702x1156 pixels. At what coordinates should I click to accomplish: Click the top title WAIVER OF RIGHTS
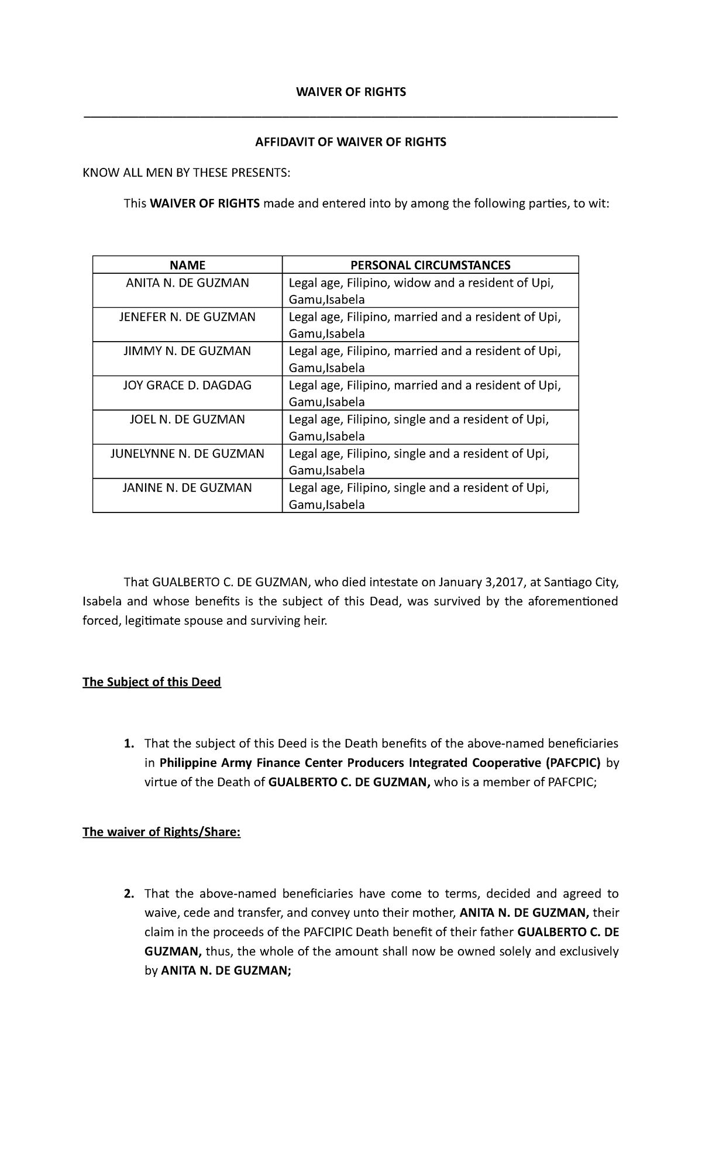(350, 92)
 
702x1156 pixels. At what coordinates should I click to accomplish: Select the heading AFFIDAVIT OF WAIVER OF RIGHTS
(350, 142)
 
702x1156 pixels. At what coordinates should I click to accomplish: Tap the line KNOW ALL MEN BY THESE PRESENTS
(186, 173)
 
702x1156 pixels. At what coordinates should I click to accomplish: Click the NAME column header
(187, 265)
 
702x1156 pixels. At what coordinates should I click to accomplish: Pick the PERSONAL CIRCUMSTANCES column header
(430, 265)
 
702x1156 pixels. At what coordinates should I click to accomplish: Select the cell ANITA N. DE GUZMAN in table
(187, 283)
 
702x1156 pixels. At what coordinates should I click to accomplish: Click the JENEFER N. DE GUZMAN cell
(187, 317)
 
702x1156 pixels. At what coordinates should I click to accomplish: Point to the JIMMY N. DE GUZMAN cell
(187, 351)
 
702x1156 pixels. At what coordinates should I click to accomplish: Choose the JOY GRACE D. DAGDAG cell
(187, 385)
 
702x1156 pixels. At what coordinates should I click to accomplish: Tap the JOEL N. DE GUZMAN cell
(187, 419)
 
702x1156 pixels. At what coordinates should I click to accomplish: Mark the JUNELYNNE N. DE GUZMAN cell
(187, 453)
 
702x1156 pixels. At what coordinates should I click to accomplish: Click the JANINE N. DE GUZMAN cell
(187, 487)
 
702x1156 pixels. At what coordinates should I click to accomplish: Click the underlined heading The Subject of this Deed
(152, 682)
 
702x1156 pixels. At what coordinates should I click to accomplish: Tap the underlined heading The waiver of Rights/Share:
(161, 832)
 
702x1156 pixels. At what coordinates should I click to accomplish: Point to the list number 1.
(128, 744)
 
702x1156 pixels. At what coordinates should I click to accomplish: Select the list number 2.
(128, 893)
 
